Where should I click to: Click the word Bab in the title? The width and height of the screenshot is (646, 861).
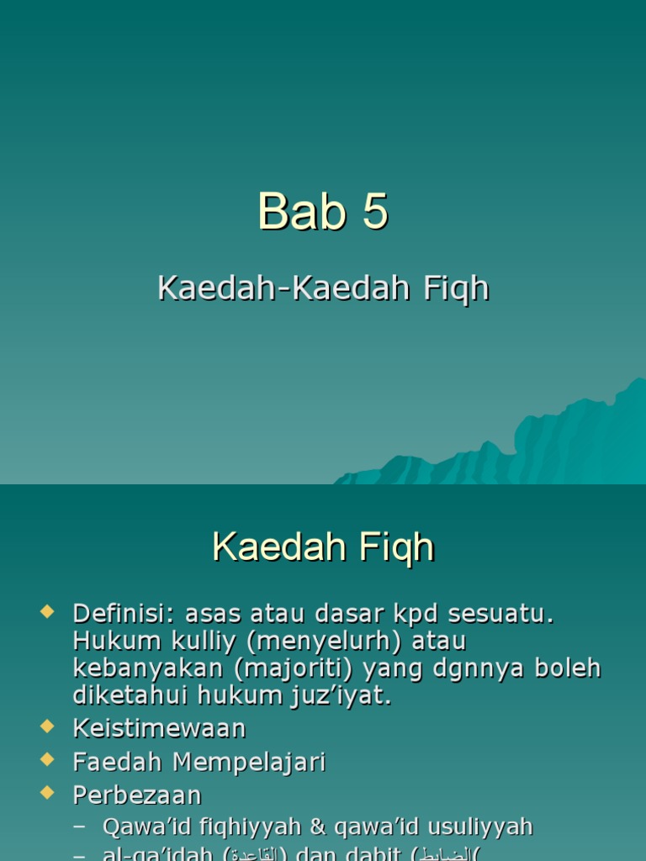[x=301, y=211]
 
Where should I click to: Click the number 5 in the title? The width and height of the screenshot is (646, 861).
[x=375, y=211]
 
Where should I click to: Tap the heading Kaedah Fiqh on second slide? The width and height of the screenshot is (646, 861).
[x=323, y=548]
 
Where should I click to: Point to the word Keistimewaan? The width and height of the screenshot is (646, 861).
[x=159, y=728]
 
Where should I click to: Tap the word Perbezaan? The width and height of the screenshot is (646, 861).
[x=137, y=795]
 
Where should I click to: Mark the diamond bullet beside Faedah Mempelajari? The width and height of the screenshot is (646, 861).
[x=47, y=758]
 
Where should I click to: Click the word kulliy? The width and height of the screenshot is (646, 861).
[x=187, y=642]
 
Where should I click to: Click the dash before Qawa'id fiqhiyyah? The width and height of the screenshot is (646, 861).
[x=80, y=827]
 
